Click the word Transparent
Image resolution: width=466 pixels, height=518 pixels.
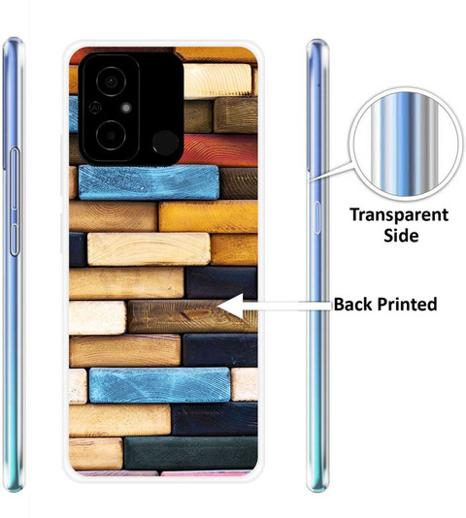point(399,216)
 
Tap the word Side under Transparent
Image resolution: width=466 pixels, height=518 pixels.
point(401,236)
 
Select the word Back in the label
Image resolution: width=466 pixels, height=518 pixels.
point(353,304)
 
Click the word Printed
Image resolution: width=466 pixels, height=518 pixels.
point(407,304)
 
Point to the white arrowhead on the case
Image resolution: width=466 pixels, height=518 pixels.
point(231,307)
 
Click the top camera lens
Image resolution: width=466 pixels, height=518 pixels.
point(111,81)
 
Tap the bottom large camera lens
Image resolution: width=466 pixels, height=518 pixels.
point(111,136)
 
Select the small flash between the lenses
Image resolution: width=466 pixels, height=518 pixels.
point(126,108)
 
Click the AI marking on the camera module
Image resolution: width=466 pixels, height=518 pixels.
point(95,108)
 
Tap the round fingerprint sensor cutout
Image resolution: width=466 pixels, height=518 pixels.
point(165,143)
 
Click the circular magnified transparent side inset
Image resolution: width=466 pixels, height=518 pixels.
point(406,144)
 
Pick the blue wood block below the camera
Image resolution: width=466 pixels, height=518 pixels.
point(149,182)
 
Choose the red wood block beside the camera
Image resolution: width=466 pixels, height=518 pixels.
point(218,150)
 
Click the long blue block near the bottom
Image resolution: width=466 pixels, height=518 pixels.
point(160,385)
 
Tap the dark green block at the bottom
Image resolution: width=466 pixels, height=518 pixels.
point(190,453)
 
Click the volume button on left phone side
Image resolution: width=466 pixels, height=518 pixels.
point(15,202)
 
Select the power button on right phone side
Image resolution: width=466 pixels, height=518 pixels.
point(317,217)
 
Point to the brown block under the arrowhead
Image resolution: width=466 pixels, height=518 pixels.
point(192,316)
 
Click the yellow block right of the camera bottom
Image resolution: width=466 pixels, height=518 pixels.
point(209,216)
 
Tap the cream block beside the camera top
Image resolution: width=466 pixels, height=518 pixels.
point(216,81)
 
